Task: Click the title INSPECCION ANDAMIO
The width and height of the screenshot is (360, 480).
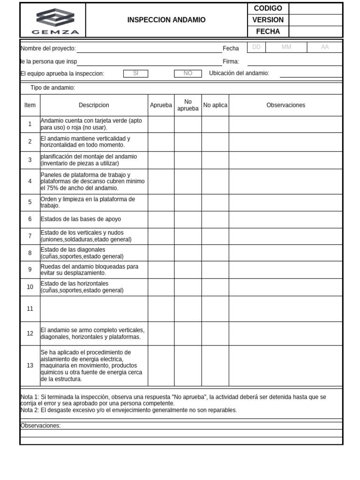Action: click(166, 20)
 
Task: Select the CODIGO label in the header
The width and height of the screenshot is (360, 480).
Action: click(268, 8)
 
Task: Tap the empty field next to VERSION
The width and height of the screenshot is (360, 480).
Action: click(315, 20)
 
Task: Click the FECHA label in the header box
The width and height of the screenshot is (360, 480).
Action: click(268, 31)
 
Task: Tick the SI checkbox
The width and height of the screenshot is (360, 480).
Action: click(135, 74)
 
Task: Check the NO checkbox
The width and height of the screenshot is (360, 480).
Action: click(188, 74)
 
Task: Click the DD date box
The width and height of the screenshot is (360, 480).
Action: click(256, 47)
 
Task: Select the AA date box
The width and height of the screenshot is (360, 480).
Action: click(325, 47)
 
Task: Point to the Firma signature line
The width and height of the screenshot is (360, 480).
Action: click(294, 62)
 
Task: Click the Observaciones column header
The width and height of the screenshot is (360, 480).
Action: click(285, 105)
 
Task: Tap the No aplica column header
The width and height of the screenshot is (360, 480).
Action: click(215, 105)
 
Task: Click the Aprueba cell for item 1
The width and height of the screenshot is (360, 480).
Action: click(161, 124)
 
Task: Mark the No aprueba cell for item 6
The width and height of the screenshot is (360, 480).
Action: click(188, 219)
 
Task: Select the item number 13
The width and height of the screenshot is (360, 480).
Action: click(30, 366)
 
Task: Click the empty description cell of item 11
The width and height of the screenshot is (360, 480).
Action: click(94, 309)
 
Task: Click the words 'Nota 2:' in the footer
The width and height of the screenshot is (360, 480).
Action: click(30, 410)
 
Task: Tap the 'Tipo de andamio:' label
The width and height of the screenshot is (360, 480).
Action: click(52, 88)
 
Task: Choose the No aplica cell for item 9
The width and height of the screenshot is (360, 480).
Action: click(215, 270)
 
